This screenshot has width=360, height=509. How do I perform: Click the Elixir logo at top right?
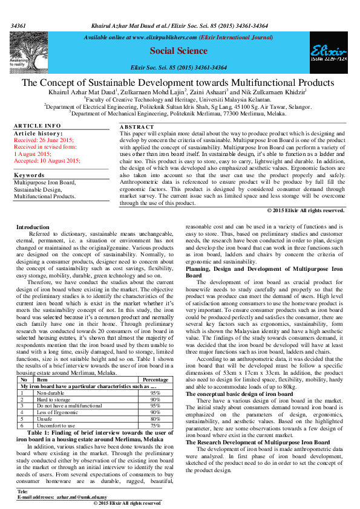click(x=329, y=52)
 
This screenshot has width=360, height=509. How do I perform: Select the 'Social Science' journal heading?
click(x=178, y=51)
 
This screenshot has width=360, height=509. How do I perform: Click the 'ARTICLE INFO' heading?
click(x=38, y=126)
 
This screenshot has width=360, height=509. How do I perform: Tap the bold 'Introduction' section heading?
click(x=33, y=209)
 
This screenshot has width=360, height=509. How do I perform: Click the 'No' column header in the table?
click(x=23, y=379)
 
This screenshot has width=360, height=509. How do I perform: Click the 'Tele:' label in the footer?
click(x=23, y=490)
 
